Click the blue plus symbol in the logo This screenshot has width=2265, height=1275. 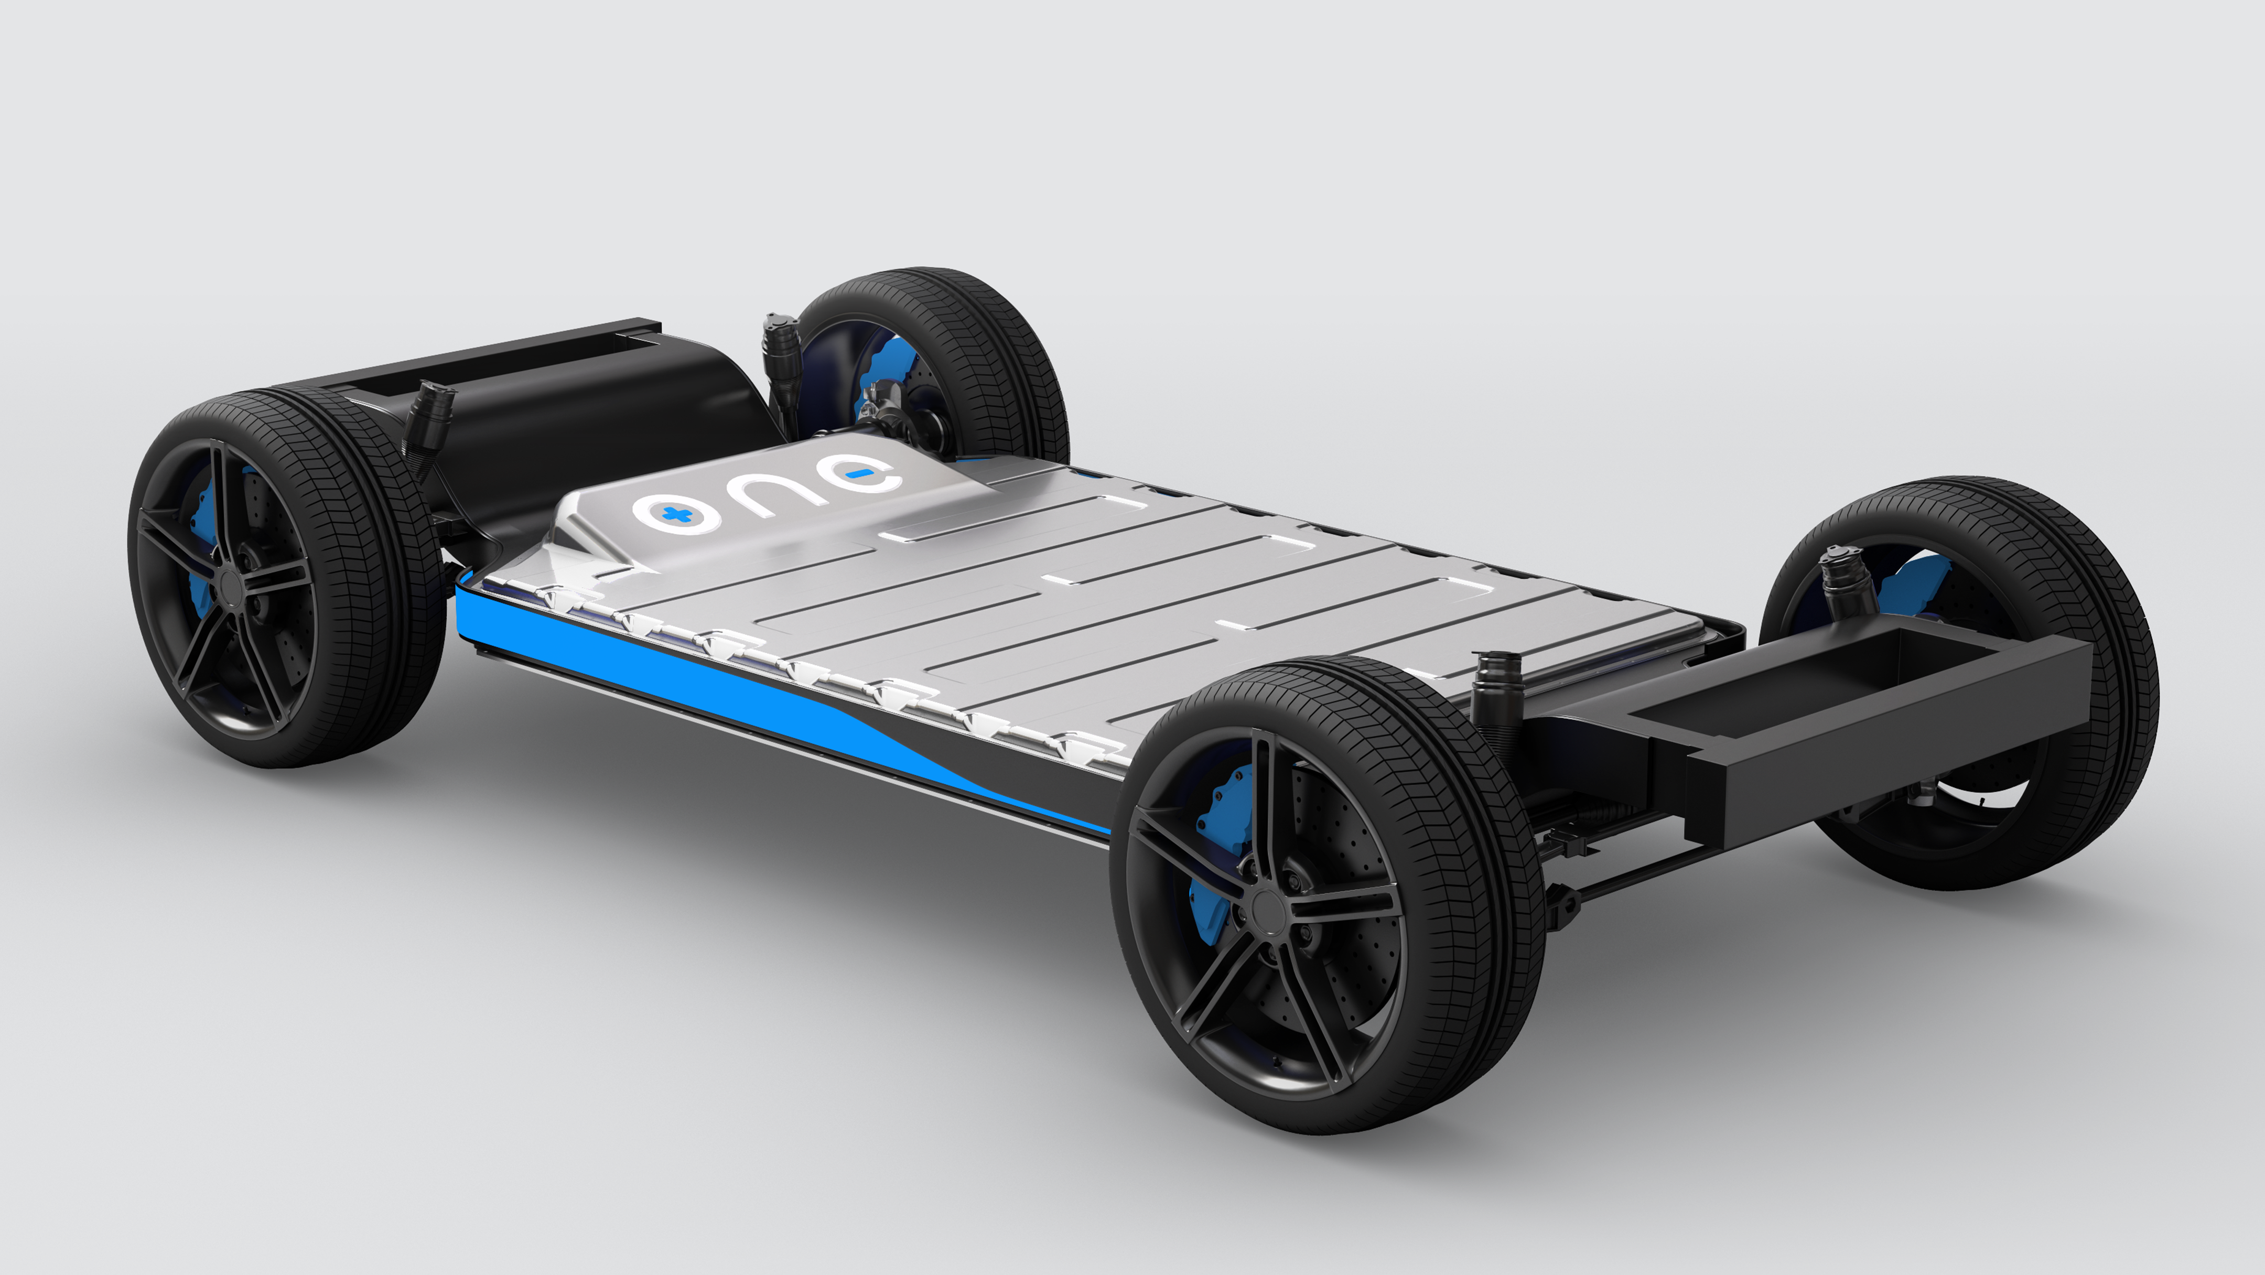click(x=676, y=514)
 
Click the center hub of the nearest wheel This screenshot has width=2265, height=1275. click(x=1267, y=906)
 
